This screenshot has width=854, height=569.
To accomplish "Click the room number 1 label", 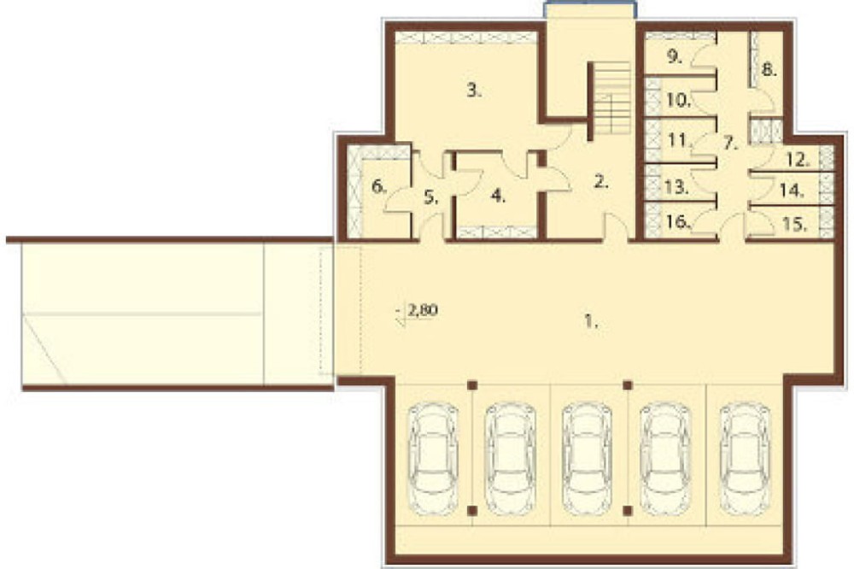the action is [591, 321].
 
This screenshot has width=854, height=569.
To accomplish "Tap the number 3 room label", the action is [474, 91].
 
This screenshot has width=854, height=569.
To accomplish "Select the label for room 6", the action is [378, 187].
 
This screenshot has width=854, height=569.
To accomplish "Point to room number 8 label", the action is [769, 70].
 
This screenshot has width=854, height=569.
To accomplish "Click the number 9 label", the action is [675, 56].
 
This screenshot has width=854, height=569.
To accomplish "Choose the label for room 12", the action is [798, 161].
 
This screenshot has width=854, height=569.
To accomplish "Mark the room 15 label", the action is [794, 224].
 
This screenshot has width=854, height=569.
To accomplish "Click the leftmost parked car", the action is [434, 458].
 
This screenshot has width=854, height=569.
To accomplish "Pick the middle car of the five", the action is [588, 458].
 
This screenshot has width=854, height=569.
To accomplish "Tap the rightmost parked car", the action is [745, 458].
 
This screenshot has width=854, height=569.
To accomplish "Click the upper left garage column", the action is [472, 385].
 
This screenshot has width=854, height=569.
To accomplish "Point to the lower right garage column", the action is [628, 511].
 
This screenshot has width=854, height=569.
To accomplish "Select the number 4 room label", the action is [498, 197].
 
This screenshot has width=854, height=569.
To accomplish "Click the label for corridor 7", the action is [731, 144].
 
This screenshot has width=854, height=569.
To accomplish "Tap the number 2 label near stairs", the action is [600, 182].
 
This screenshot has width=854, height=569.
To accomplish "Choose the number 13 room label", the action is [677, 187].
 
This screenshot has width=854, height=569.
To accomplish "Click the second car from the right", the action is [666, 458].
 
